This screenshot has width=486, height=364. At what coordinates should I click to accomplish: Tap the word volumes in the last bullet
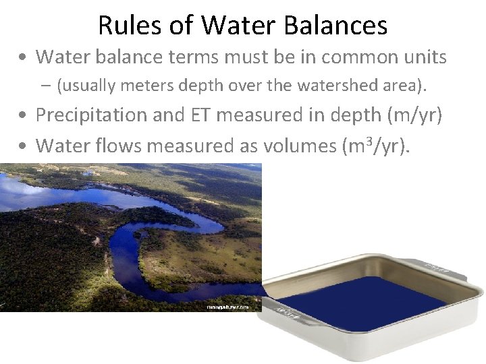click(286, 145)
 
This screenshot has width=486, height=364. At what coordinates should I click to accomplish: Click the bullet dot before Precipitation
click(23, 116)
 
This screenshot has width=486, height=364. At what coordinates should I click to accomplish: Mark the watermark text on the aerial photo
click(227, 307)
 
